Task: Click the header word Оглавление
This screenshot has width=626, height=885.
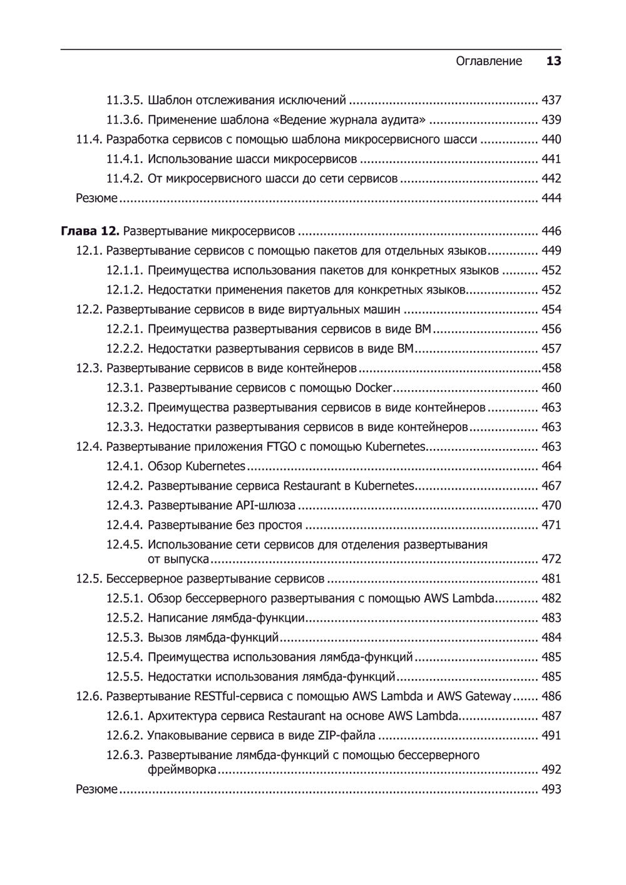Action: [488, 61]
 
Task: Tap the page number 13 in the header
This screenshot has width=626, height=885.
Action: [553, 61]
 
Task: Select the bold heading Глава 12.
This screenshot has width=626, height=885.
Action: [90, 231]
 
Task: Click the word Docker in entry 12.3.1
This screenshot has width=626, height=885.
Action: [374, 388]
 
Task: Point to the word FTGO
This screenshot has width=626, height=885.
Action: [280, 447]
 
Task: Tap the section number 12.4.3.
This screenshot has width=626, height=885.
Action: [125, 505]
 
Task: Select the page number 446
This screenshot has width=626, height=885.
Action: [551, 231]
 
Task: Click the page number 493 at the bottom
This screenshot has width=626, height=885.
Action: [551, 789]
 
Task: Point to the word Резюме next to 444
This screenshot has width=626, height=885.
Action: [96, 198]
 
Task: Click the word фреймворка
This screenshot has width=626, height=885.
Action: [182, 769]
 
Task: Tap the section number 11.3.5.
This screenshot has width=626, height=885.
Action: [125, 100]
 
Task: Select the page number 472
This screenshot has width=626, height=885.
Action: [551, 559]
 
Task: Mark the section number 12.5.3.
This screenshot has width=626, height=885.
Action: [125, 638]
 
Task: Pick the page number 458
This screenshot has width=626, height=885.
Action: [552, 368]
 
